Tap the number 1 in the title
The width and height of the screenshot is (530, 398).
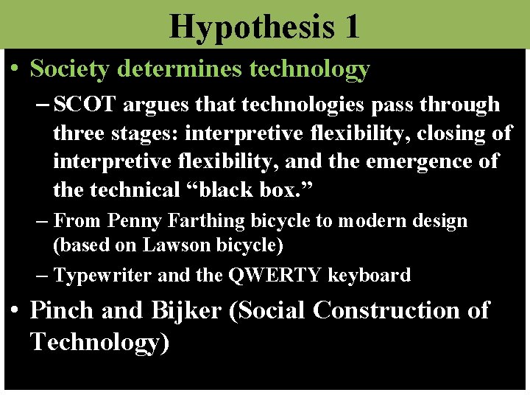click(x=350, y=27)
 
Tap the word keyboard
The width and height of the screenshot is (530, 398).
click(x=370, y=276)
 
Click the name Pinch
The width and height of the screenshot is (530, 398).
click(x=62, y=311)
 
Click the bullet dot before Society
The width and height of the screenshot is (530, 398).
click(x=15, y=69)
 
